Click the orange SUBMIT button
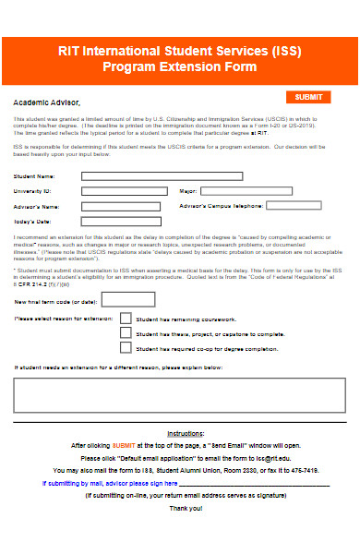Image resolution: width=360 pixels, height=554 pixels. pos(309,97)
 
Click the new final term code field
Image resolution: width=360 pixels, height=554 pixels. pos(127,299)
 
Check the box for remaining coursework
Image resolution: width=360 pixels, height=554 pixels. pos(126,319)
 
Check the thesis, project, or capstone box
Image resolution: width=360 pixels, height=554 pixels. pos(126,333)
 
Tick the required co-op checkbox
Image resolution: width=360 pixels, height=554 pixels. pos(126,348)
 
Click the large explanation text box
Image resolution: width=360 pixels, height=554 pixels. pos(179,394)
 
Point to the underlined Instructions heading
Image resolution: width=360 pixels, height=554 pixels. pos(186,433)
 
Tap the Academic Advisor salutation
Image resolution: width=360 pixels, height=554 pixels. pos(47,102)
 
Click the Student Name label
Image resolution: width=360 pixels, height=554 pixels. pos(33,175)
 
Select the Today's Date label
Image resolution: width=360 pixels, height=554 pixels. pos(32,222)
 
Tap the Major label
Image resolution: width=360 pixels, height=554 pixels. pos(188,191)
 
